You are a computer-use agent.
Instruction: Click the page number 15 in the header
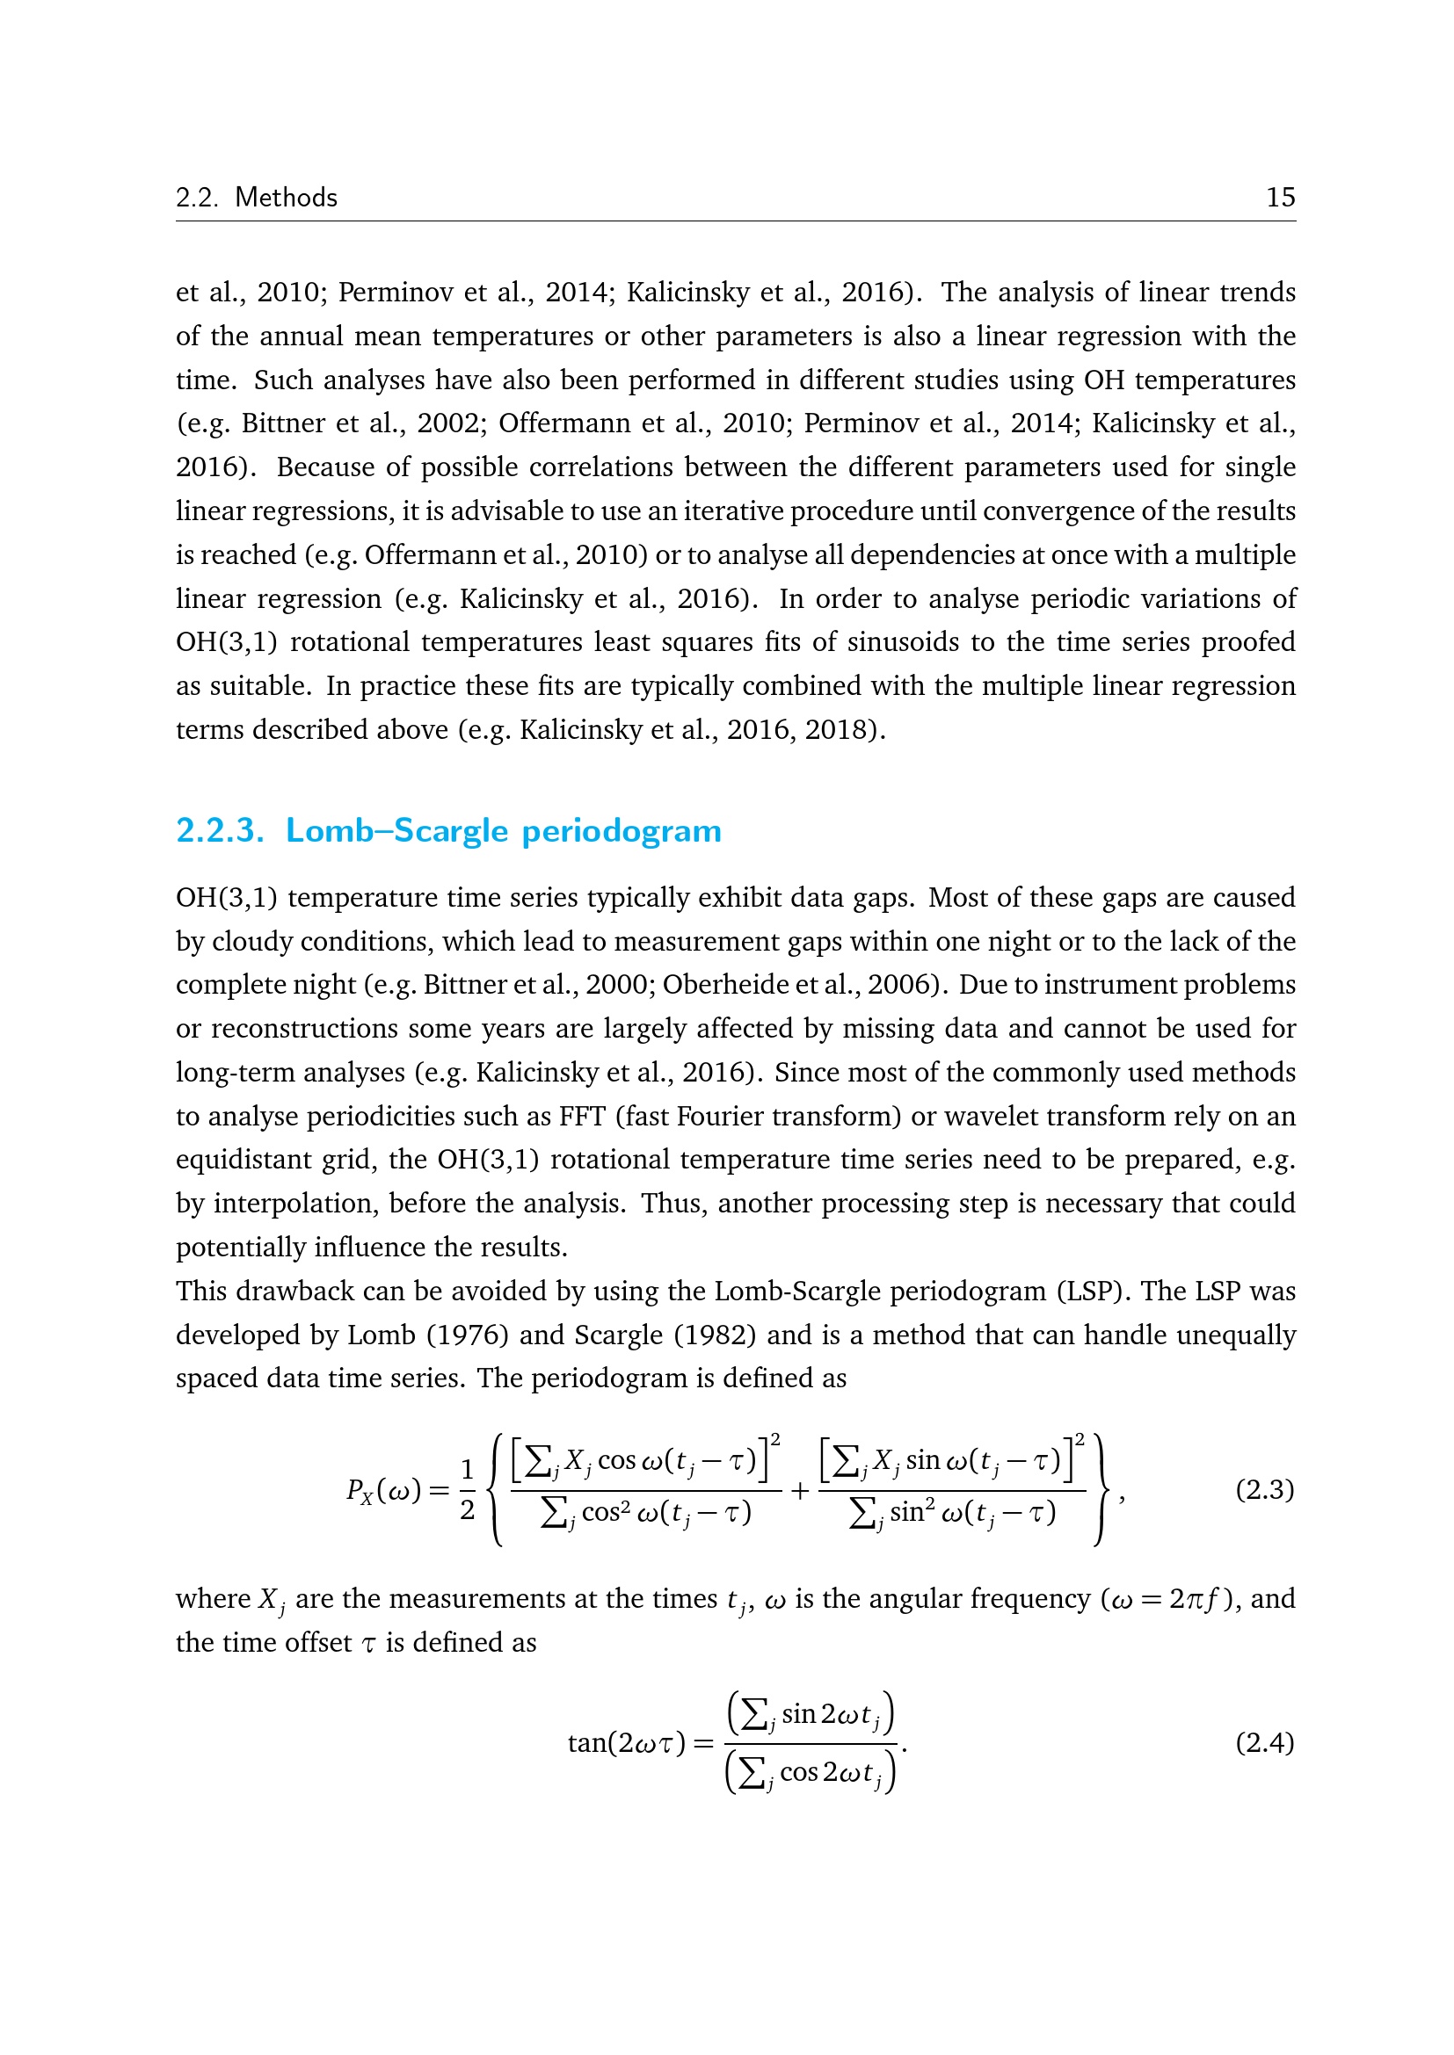pyautogui.click(x=1280, y=197)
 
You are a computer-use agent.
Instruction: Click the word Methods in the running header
pyautogui.click(x=286, y=197)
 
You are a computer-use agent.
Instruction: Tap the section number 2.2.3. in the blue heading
pyautogui.click(x=221, y=830)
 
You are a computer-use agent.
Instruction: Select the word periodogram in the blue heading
pyautogui.click(x=622, y=830)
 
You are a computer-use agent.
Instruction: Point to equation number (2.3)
pyautogui.click(x=1264, y=1489)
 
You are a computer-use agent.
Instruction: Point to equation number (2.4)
pyautogui.click(x=1264, y=1742)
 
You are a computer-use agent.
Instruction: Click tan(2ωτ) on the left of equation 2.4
pyautogui.click(x=627, y=1742)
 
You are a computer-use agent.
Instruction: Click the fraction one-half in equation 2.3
pyautogui.click(x=467, y=1489)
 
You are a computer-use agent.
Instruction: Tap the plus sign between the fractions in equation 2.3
pyautogui.click(x=799, y=1490)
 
